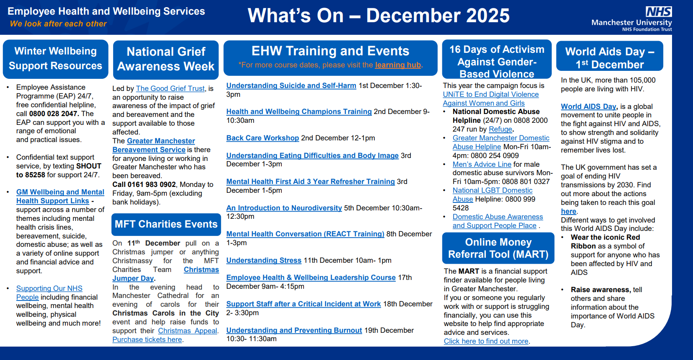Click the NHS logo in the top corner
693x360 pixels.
pyautogui.click(x=659, y=12)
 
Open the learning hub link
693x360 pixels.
pyautogui.click(x=398, y=65)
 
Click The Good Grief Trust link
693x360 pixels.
pyautogui.click(x=170, y=88)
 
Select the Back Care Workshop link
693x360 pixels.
pyautogui.click(x=262, y=138)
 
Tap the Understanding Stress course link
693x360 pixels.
pyautogui.click(x=264, y=260)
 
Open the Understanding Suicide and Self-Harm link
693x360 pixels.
pyautogui.click(x=291, y=85)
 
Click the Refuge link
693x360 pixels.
pyautogui.click(x=500, y=129)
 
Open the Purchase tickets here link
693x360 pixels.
pyautogui.click(x=147, y=339)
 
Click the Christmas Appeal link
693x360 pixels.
pyautogui.click(x=187, y=331)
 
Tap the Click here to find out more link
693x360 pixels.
pyautogui.click(x=486, y=341)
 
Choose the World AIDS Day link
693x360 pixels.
pyautogui.click(x=589, y=106)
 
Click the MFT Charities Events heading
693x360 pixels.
pyautogui.click(x=166, y=224)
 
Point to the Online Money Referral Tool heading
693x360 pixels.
pyautogui.click(x=498, y=248)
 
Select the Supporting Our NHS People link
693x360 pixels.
pyautogui.click(x=49, y=293)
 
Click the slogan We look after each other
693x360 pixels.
pyautogui.click(x=58, y=24)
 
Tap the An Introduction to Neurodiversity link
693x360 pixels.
pyautogui.click(x=284, y=208)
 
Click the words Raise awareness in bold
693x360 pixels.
pyautogui.click(x=600, y=290)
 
